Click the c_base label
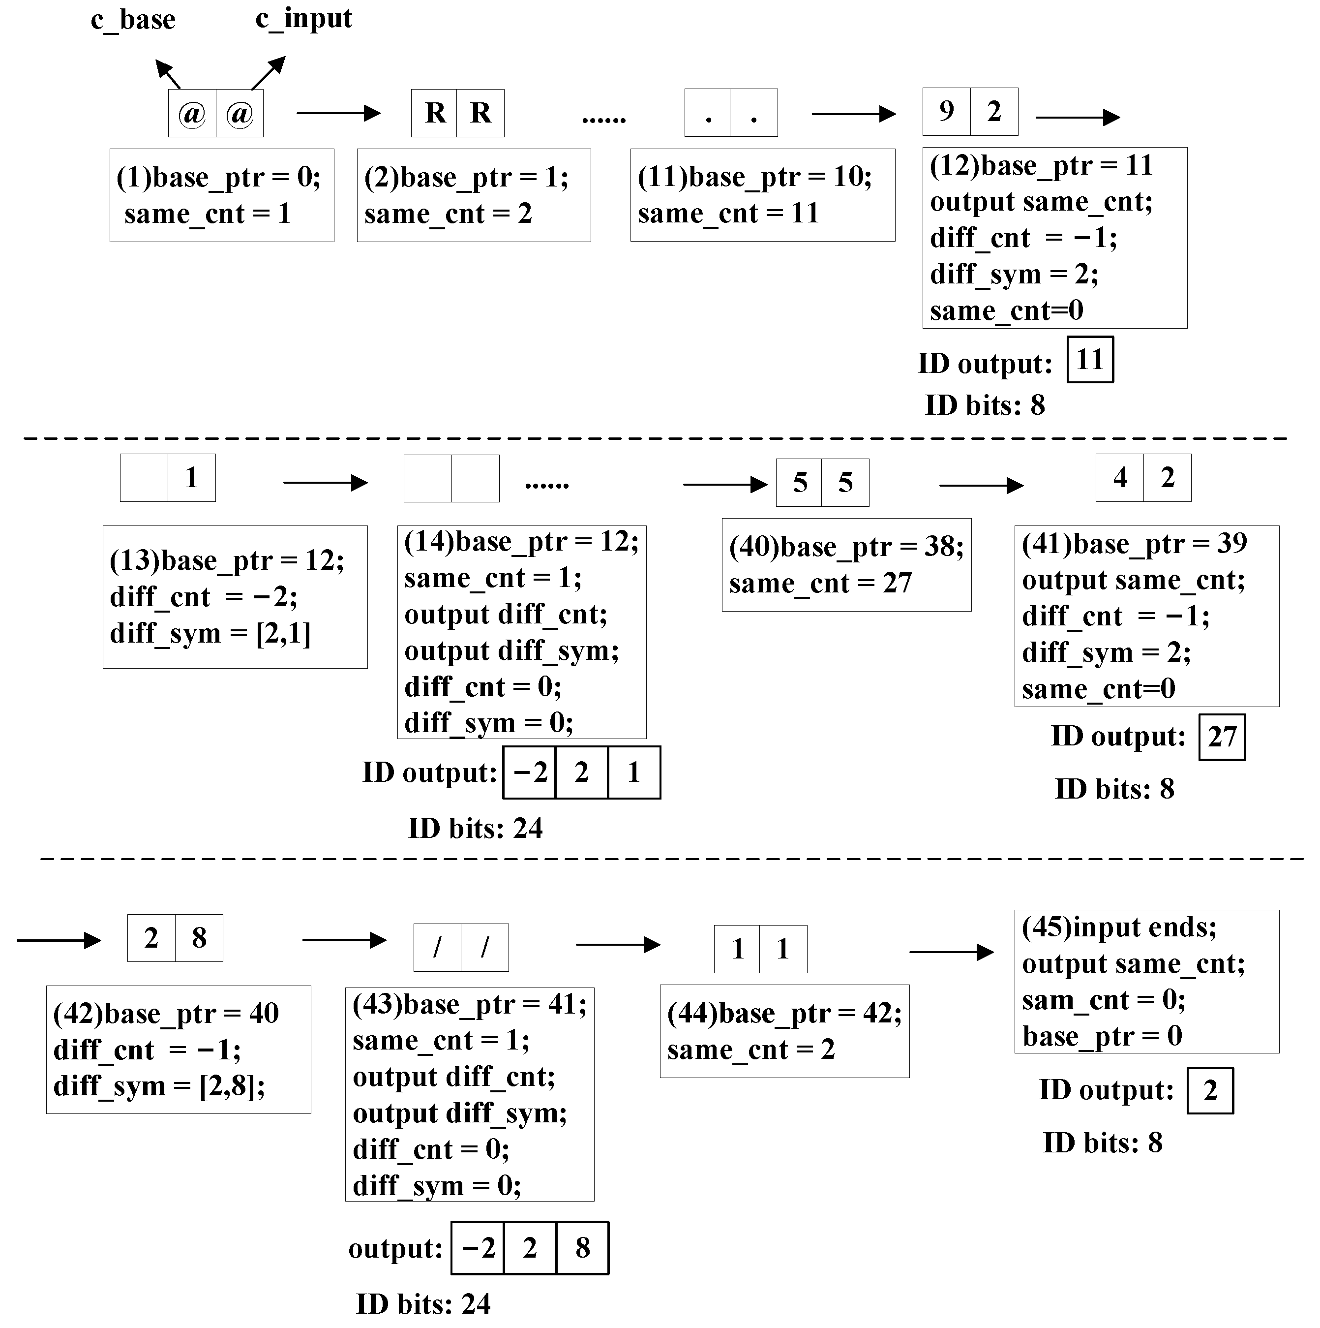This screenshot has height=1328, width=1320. click(x=133, y=20)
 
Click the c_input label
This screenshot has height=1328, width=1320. click(x=304, y=19)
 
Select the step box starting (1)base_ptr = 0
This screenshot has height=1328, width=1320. click(x=221, y=195)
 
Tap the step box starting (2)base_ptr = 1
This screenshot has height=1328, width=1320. click(x=474, y=195)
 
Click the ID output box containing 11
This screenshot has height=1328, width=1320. click(x=1090, y=360)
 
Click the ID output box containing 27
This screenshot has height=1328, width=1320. click(x=1222, y=738)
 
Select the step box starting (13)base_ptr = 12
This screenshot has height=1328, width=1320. click(x=235, y=597)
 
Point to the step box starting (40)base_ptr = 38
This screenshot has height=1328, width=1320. click(x=846, y=565)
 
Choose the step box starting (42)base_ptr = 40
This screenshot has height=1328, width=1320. click(x=178, y=1050)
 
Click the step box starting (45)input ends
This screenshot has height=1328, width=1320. click(x=1146, y=982)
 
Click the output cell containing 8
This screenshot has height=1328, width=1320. click(x=582, y=1248)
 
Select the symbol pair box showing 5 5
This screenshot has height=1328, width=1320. click(x=822, y=483)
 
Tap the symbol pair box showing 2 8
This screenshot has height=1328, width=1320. click(x=175, y=938)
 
